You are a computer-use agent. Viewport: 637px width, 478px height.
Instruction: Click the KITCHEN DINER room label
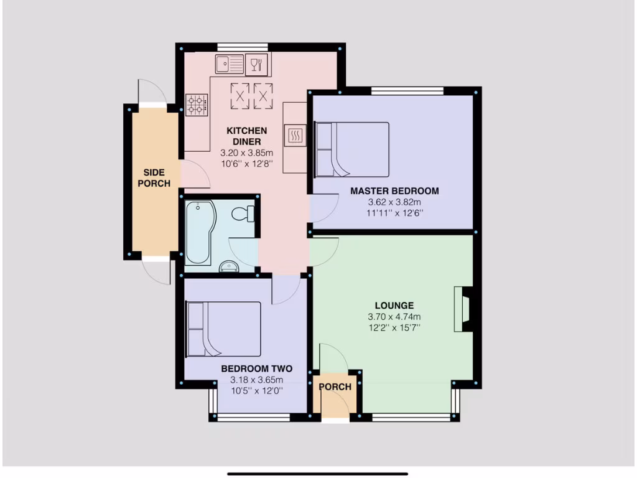click(246, 136)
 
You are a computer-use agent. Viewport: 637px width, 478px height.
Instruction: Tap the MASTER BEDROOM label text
click(394, 191)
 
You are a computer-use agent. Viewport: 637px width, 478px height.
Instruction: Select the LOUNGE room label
click(394, 306)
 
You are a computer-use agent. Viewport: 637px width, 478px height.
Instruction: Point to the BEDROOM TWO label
click(257, 368)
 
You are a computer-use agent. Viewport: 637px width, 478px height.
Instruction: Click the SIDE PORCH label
click(154, 178)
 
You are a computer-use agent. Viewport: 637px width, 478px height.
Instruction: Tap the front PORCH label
click(335, 387)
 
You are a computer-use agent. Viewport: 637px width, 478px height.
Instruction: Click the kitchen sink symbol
click(230, 64)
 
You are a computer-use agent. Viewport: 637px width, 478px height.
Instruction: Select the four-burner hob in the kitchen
click(196, 104)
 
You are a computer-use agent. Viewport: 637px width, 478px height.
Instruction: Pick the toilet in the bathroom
click(243, 214)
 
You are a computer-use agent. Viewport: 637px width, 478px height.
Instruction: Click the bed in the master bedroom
click(352, 149)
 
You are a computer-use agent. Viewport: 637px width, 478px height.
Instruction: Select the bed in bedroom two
click(224, 329)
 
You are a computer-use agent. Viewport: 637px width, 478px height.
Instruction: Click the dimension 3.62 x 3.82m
click(394, 202)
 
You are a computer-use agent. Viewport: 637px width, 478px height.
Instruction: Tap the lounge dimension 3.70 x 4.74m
click(394, 317)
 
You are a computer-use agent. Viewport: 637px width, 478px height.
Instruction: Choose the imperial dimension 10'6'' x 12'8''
click(246, 164)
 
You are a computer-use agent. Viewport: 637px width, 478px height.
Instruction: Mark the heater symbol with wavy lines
click(295, 135)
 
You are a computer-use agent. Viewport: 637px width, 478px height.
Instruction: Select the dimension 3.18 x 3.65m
click(257, 380)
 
